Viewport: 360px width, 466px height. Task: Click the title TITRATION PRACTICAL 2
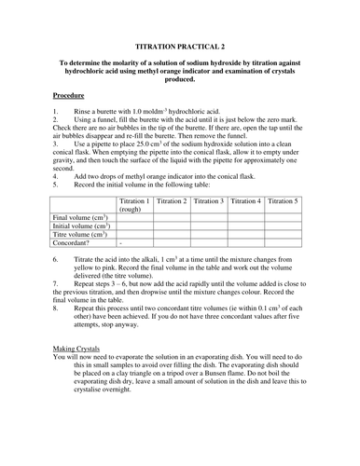180,46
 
